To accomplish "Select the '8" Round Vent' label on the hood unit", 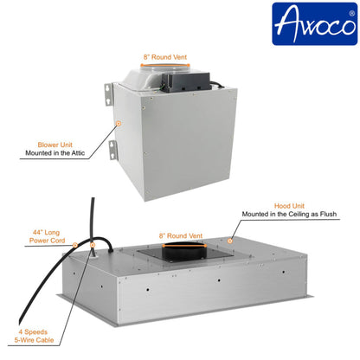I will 180,235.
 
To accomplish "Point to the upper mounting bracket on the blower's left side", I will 109,93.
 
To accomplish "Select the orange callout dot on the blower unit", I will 118,125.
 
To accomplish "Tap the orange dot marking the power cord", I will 75,244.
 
